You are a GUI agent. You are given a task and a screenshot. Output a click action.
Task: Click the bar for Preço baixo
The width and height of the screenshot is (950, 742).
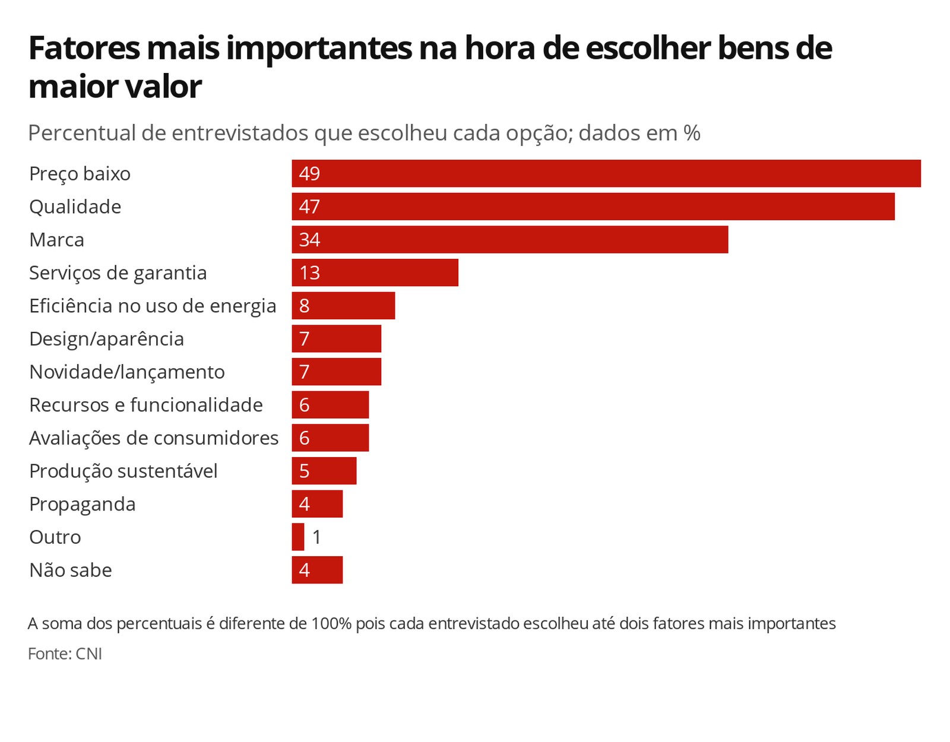(606, 173)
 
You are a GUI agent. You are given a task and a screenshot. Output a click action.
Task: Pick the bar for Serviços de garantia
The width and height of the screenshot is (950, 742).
(375, 272)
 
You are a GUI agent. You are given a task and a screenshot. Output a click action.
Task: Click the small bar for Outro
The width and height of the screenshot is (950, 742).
(298, 537)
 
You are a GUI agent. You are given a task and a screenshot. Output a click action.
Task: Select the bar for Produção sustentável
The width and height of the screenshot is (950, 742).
(324, 471)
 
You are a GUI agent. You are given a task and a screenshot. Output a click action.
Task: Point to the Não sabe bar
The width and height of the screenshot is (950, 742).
(317, 570)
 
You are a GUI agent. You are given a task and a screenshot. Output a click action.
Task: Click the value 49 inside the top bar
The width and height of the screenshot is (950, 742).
(309, 173)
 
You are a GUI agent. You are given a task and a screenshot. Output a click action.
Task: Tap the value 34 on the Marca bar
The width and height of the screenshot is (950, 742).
(309, 240)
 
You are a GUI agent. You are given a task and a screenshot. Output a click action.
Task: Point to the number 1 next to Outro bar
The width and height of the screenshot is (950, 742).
(317, 537)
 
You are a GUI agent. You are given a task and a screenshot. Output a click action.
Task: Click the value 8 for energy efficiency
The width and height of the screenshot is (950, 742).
(304, 306)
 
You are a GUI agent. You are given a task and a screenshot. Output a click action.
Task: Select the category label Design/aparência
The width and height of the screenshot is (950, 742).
(106, 339)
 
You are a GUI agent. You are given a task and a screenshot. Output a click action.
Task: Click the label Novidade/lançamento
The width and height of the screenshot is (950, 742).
(127, 372)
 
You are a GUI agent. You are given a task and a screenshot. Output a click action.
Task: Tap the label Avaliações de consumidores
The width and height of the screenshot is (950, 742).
(154, 438)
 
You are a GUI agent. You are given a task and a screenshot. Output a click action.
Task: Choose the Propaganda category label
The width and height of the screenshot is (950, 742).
(83, 505)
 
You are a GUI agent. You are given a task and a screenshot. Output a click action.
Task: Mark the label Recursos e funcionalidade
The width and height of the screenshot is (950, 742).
(146, 405)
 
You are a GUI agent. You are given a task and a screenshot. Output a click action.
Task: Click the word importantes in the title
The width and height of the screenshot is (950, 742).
(319, 49)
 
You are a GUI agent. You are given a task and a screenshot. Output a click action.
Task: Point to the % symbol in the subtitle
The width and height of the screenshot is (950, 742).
(692, 133)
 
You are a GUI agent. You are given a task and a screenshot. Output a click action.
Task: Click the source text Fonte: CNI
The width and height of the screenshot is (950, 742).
(65, 654)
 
